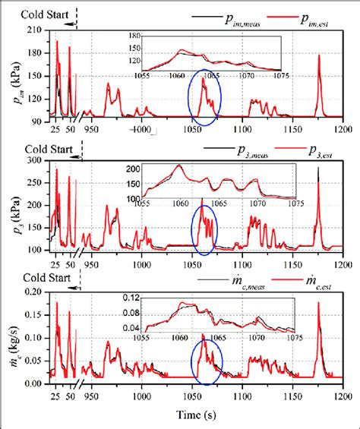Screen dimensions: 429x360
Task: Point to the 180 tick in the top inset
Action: [135, 36]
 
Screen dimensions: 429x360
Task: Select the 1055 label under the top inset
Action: [142, 76]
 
